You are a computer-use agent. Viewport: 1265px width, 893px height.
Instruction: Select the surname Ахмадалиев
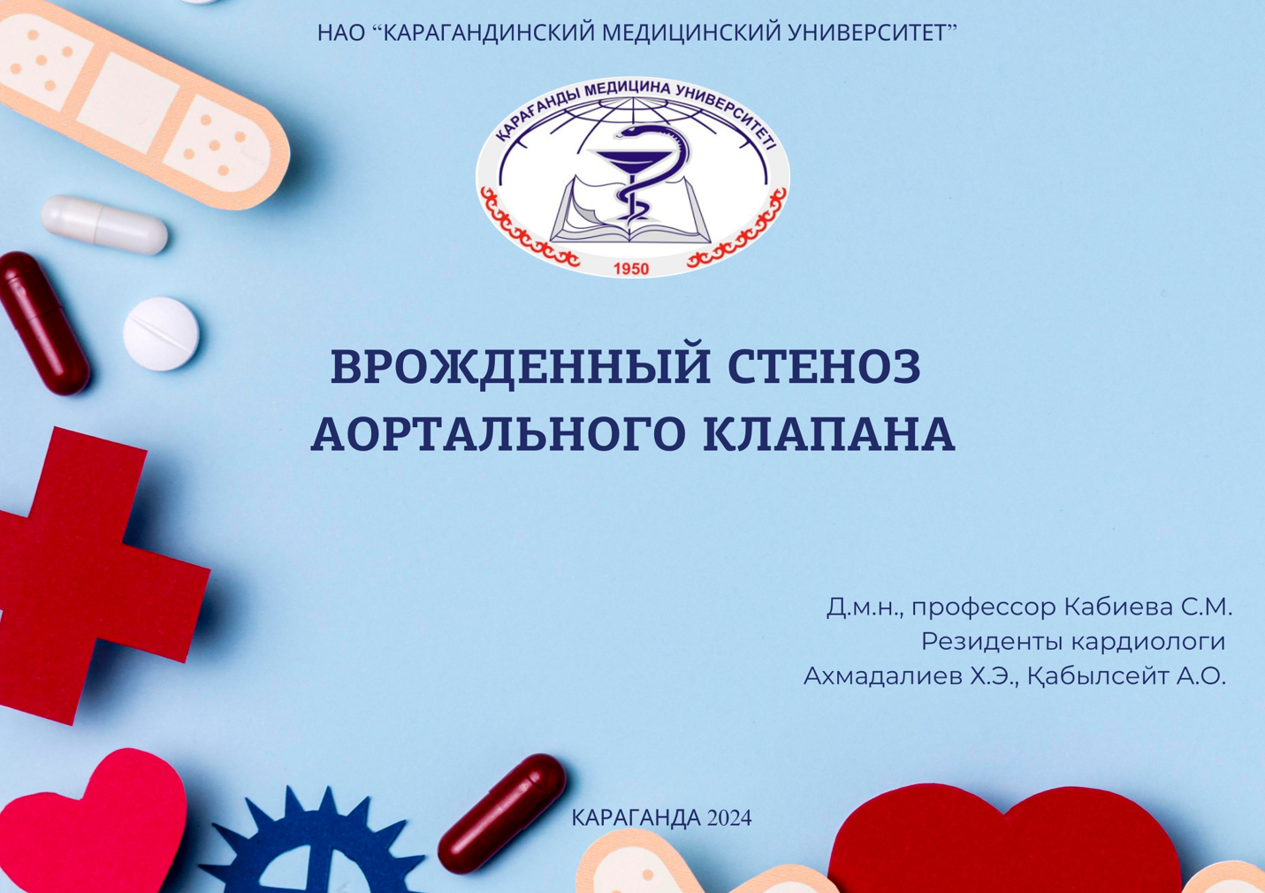pyautogui.click(x=882, y=676)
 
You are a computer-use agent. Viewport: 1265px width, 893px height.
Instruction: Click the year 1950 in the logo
pyautogui.click(x=631, y=269)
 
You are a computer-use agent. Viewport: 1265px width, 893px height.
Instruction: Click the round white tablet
pyautogui.click(x=161, y=332)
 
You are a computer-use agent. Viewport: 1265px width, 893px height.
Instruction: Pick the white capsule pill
pyautogui.click(x=104, y=224)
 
